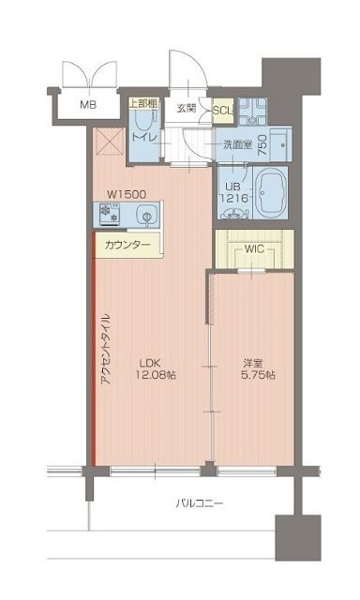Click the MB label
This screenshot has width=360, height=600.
click(87, 105)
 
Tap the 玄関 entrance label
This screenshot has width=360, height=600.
click(187, 107)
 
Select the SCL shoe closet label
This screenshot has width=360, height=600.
click(223, 110)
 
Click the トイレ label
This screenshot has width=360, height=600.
click(143, 138)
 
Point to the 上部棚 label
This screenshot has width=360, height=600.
click(142, 104)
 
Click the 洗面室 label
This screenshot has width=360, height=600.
click(237, 144)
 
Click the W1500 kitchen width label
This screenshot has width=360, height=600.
click(125, 194)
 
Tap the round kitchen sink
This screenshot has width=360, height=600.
click(146, 217)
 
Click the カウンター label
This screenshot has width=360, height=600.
click(127, 245)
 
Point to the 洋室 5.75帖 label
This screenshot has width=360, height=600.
click(255, 368)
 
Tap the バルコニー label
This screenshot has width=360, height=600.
click(200, 504)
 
